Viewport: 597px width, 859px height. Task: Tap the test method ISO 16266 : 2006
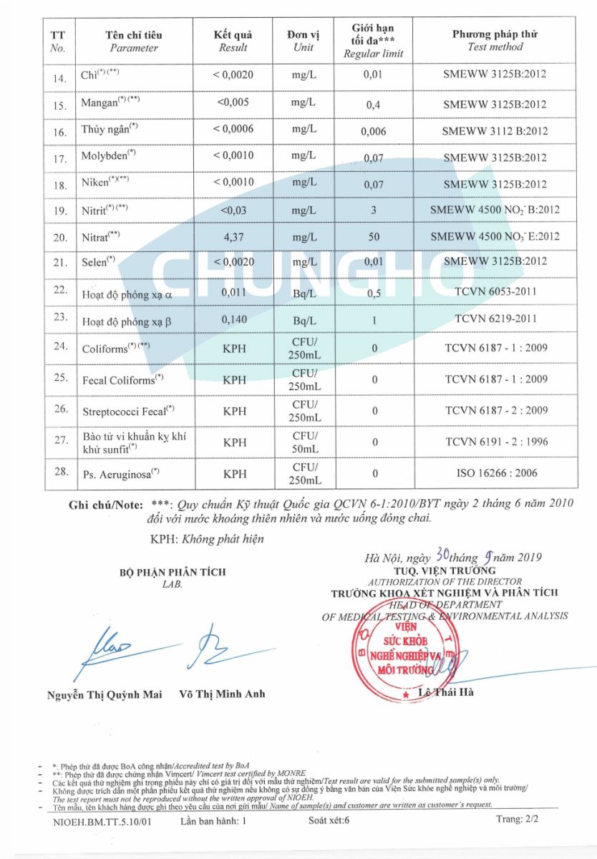pyautogui.click(x=495, y=473)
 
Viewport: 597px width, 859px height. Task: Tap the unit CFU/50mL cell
pyautogui.click(x=305, y=442)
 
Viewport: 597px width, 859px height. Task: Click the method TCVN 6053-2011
pyautogui.click(x=495, y=291)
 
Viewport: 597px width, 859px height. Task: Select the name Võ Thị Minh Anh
pyautogui.click(x=222, y=694)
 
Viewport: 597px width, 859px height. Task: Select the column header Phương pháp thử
pyautogui.click(x=495, y=34)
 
